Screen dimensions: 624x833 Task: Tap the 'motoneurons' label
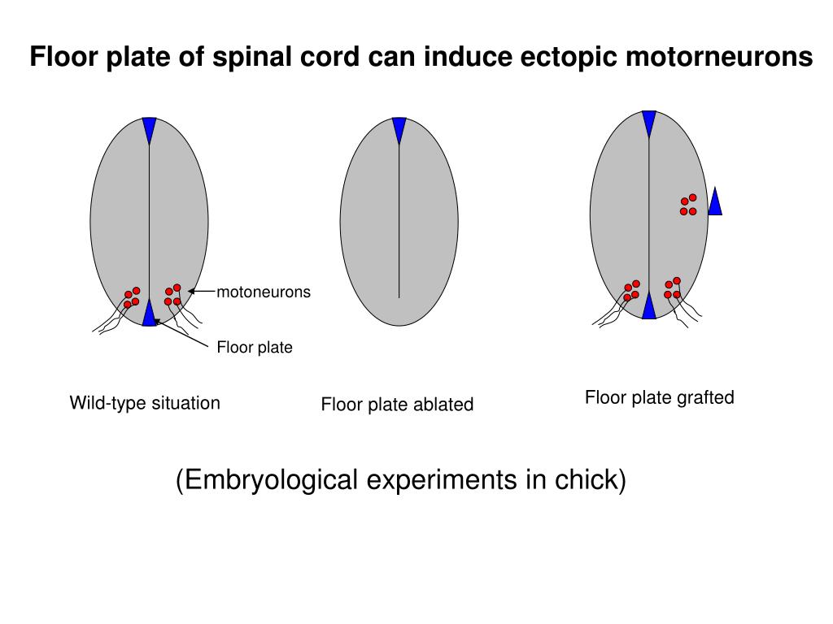click(264, 292)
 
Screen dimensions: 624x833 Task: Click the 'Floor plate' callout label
click(254, 348)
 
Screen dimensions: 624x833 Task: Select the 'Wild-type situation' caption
click(145, 403)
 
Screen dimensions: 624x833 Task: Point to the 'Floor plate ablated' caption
click(397, 405)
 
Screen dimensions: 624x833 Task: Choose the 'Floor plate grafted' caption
click(659, 397)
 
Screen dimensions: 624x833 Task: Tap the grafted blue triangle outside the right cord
click(715, 203)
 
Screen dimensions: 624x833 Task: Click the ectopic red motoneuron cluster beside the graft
click(688, 205)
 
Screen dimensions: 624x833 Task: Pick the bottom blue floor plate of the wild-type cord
click(149, 314)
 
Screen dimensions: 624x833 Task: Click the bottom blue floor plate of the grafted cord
click(648, 307)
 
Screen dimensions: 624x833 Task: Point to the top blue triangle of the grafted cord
click(648, 123)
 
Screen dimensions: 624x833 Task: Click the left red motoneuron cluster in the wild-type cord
click(132, 297)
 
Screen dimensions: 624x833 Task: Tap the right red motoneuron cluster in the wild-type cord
click(172, 295)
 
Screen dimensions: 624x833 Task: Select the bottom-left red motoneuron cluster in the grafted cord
click(631, 291)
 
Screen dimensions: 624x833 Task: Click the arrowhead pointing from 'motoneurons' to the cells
click(192, 292)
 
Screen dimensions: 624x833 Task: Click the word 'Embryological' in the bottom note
click(267, 480)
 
